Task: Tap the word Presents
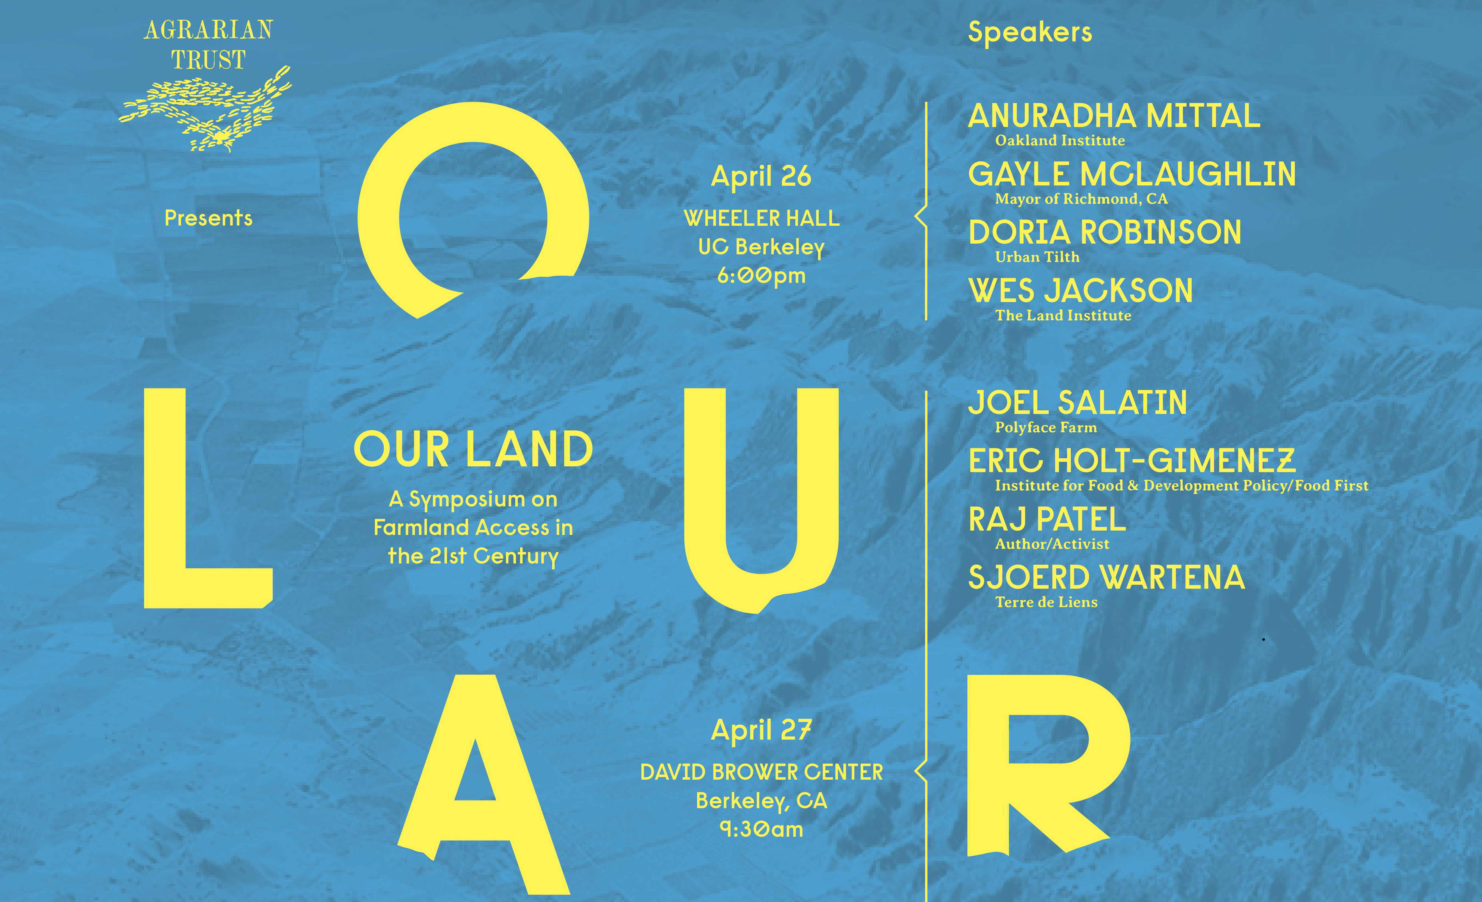point(208,218)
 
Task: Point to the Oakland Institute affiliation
point(1060,141)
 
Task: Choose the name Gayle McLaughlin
point(1132,174)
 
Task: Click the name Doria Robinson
point(1105,233)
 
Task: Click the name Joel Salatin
point(1077,403)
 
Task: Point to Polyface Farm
point(1046,428)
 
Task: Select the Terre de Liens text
point(1046,602)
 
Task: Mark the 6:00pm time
point(762,276)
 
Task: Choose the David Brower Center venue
point(762,772)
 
